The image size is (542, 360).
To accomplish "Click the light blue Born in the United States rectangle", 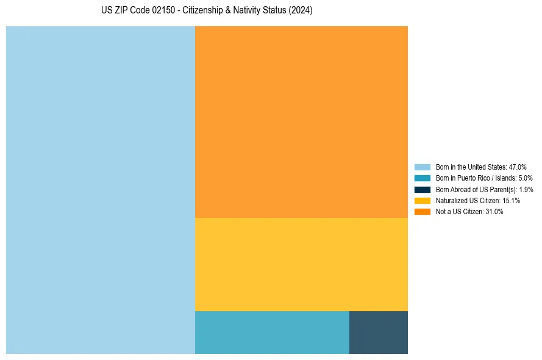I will (x=101, y=190).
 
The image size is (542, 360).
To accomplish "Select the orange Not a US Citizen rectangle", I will (x=301, y=122).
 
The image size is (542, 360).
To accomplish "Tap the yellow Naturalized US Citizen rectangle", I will (x=301, y=264).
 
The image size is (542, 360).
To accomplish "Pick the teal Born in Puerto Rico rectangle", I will (x=272, y=333).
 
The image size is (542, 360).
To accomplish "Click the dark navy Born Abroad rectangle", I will (x=379, y=333).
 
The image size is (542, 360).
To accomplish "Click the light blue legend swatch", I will (x=423, y=167).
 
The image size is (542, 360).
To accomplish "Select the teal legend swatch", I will (x=423, y=178).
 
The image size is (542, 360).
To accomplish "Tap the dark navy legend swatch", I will (x=423, y=189).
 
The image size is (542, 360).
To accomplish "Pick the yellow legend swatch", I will (x=423, y=200).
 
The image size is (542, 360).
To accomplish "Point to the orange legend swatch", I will (x=423, y=212).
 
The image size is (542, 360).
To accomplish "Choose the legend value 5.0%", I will (x=526, y=178).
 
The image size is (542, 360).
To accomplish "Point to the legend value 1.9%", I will (x=526, y=189).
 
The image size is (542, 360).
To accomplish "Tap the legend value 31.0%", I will (x=494, y=212).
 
